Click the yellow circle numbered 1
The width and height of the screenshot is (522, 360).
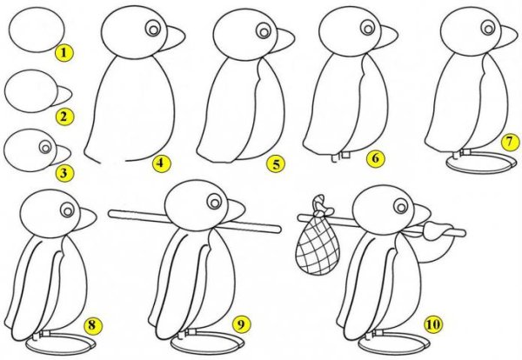[64, 52]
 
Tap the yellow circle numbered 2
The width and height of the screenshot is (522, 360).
[64, 117]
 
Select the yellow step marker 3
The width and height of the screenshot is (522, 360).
[64, 173]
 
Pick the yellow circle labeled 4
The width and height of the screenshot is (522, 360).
[161, 163]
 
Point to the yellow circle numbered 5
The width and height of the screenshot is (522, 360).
[276, 164]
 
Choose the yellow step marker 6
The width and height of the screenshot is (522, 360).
[375, 158]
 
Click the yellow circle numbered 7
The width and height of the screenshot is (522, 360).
[510, 142]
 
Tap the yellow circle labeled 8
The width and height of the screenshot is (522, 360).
[92, 324]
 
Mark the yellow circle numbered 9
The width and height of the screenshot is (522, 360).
[241, 323]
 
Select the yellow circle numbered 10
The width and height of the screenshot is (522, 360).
[432, 323]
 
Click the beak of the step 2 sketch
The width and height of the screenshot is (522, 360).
[64, 94]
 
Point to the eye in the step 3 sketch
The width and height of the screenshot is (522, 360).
[45, 147]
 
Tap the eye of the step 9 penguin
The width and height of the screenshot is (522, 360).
[215, 201]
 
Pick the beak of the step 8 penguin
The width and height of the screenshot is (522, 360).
[84, 219]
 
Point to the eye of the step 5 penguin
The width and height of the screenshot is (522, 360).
[264, 31]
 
